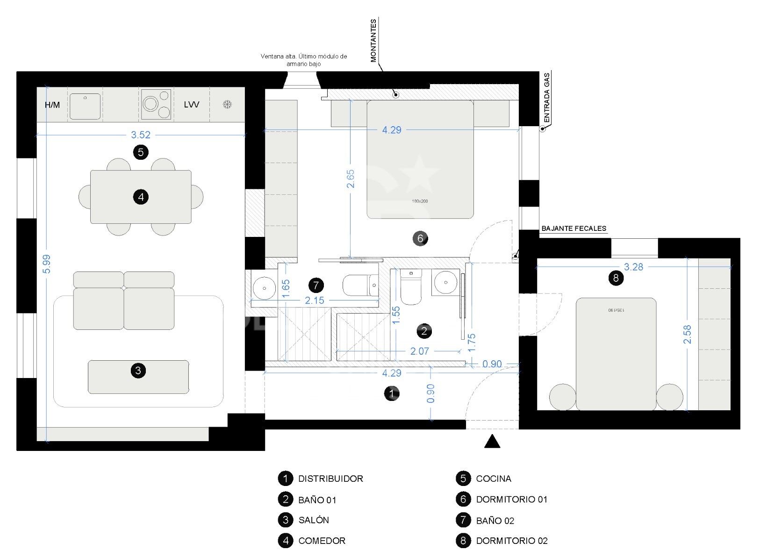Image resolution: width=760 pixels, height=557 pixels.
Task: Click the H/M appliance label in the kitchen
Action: pos(52,105)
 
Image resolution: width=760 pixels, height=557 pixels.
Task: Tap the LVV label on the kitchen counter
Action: pos(191,104)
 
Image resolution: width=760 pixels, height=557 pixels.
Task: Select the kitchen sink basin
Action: pos(85,106)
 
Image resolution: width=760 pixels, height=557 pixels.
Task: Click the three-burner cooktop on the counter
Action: pos(156,104)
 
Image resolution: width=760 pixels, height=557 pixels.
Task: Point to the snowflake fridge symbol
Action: pos(227,105)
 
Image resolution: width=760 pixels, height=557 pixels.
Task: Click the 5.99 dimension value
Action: pos(46,264)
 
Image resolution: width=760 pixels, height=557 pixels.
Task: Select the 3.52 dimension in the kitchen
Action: pos(141,135)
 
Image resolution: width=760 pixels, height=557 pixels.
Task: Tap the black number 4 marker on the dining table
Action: pos(141,197)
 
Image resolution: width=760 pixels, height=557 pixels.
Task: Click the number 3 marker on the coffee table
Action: pos(138,371)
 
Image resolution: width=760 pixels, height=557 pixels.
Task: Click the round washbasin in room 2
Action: pos(445,282)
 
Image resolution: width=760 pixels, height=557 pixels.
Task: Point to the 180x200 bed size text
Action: pos(420,201)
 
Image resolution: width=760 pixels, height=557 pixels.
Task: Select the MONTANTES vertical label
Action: pos(373,41)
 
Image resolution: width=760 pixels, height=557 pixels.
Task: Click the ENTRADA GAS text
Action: pos(547,97)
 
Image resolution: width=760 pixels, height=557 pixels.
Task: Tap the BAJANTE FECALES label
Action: pos(574,229)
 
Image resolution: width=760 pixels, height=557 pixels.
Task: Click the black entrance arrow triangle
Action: pos(492,442)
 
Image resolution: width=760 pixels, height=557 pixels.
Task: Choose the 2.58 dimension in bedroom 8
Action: pos(687,335)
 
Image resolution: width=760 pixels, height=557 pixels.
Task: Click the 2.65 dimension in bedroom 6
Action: pos(351,179)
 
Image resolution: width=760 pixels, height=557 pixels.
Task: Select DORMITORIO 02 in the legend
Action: pos(511,541)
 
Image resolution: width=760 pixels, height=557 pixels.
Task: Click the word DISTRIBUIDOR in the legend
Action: pos(330,478)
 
